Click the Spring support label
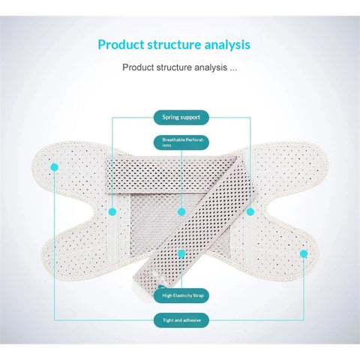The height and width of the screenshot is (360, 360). click(181, 117)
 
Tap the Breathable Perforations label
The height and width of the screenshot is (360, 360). click(181, 142)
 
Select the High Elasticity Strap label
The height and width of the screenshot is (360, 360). click(181, 295)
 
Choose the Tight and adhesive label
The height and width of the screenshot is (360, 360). click(181, 320)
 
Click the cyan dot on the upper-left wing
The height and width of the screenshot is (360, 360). click(54, 167)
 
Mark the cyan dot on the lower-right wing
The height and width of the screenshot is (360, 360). click(304, 254)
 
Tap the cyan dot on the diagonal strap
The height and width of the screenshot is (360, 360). click(181, 254)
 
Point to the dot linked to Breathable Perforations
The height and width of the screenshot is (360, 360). click(181, 212)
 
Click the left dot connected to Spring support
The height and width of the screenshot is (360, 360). click(112, 212)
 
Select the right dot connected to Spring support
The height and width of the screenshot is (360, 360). click(250, 212)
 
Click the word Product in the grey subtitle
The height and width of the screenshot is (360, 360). click(138, 67)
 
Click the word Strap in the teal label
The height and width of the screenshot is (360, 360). click(198, 295)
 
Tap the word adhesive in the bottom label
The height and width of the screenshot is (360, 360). click(191, 320)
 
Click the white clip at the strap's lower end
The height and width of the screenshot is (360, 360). click(161, 286)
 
